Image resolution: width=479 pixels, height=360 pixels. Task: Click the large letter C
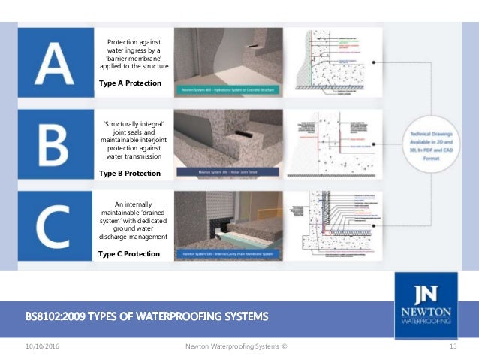(53, 225)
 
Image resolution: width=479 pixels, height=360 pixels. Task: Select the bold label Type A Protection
(129, 83)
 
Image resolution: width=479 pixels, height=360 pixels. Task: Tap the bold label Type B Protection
(129, 173)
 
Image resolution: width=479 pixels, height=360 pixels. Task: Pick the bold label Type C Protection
(128, 253)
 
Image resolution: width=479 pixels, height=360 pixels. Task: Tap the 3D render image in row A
(227, 62)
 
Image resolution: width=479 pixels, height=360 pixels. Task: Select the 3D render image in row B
(227, 144)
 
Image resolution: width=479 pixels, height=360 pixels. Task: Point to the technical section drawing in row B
(341, 144)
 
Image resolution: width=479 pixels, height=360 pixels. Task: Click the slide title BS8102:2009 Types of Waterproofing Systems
(146, 316)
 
